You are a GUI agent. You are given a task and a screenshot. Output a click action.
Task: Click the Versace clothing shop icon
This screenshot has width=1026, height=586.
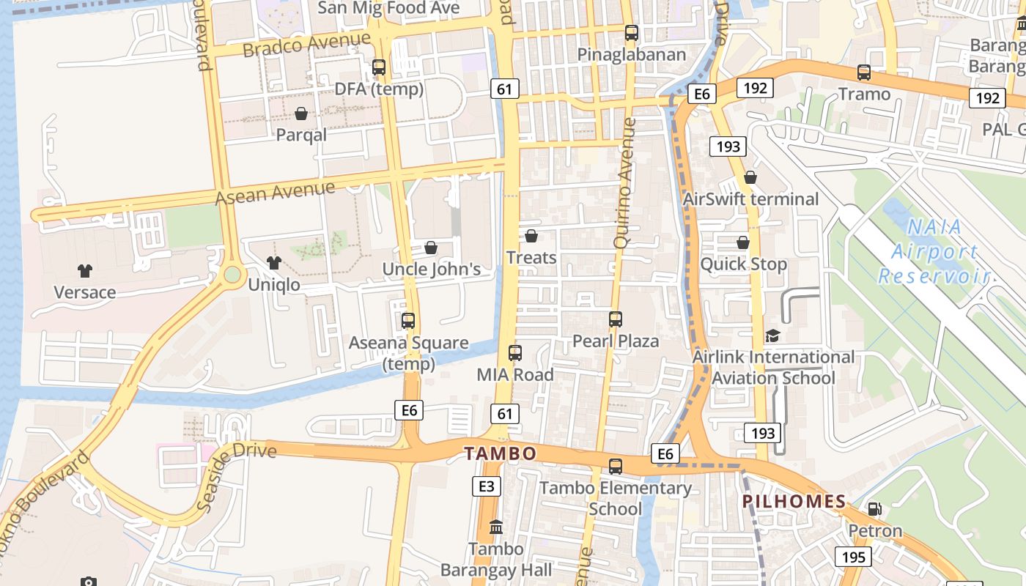tap(85, 271)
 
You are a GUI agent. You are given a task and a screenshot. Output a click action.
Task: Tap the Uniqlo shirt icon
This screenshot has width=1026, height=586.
tap(274, 263)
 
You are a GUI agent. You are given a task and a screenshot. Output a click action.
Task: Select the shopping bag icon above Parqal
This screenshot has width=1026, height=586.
tap(300, 114)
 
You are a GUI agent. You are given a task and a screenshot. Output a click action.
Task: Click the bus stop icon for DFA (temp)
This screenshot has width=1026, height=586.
tap(379, 67)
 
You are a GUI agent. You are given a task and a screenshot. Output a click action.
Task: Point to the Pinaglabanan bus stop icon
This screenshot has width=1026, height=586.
tap(631, 33)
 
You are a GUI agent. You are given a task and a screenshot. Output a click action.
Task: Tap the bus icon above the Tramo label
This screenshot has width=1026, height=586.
tap(864, 73)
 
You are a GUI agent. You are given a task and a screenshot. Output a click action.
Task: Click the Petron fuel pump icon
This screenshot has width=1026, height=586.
tap(874, 508)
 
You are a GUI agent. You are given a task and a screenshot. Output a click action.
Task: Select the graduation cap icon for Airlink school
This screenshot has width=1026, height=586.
tap(772, 335)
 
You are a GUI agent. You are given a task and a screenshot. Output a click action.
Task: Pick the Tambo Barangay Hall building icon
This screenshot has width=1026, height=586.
tap(496, 527)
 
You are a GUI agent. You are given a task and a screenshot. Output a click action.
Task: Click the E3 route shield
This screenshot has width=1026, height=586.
tap(487, 486)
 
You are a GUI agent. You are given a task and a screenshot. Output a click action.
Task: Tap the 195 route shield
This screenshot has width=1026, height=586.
tap(854, 557)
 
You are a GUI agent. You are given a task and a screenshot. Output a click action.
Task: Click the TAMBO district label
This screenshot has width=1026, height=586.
tap(501, 453)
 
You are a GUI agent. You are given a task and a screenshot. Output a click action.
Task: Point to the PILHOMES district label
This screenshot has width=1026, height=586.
tap(794, 502)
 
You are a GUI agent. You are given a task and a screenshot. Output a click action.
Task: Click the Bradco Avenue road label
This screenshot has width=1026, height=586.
tap(306, 44)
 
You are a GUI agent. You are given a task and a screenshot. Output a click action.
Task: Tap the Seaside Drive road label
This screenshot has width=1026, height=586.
tap(235, 473)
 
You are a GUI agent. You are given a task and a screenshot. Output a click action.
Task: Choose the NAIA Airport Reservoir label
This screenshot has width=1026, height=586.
tap(934, 251)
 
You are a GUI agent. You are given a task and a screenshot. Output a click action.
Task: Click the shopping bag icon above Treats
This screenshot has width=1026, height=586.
tap(531, 236)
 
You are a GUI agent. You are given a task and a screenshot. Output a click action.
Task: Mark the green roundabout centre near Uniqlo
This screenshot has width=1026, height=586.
tap(232, 275)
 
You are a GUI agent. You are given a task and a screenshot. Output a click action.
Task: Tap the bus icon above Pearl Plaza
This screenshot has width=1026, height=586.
tap(616, 319)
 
